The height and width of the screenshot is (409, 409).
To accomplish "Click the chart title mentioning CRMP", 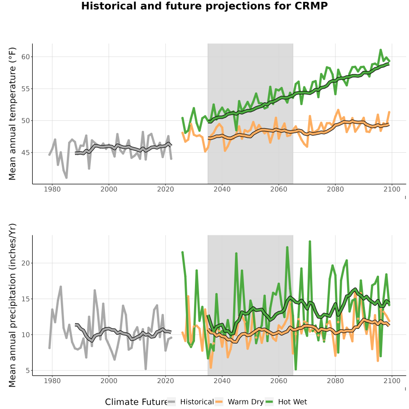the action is point(204,6).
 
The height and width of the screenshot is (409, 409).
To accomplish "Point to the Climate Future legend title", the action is point(136,402).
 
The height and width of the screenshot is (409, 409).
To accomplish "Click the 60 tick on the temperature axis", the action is point(25,57).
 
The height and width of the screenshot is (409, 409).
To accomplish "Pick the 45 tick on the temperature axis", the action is point(25,152).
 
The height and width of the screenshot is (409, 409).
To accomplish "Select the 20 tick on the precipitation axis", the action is point(25,263).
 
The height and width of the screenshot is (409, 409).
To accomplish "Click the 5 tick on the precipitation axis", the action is point(28,370).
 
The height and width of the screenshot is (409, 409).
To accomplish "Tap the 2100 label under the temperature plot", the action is point(392,189).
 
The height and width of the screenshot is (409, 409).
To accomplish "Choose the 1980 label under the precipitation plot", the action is point(52,381).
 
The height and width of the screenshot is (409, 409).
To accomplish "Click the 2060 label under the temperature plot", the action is point(279,189).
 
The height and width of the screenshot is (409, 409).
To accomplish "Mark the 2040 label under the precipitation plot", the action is point(222,381).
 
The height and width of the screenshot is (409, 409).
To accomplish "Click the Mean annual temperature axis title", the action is point(12,114).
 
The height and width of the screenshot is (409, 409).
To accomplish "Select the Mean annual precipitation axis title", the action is point(12,305).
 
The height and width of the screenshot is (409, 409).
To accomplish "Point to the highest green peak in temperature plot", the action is point(380,50).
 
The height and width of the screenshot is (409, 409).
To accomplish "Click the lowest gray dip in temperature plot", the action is point(66,178).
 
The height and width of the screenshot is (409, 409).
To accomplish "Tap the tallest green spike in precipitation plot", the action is point(310,242).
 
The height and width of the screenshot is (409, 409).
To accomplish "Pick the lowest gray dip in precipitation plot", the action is point(145,369).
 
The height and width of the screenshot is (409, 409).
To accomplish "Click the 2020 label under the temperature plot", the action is point(165,189).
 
